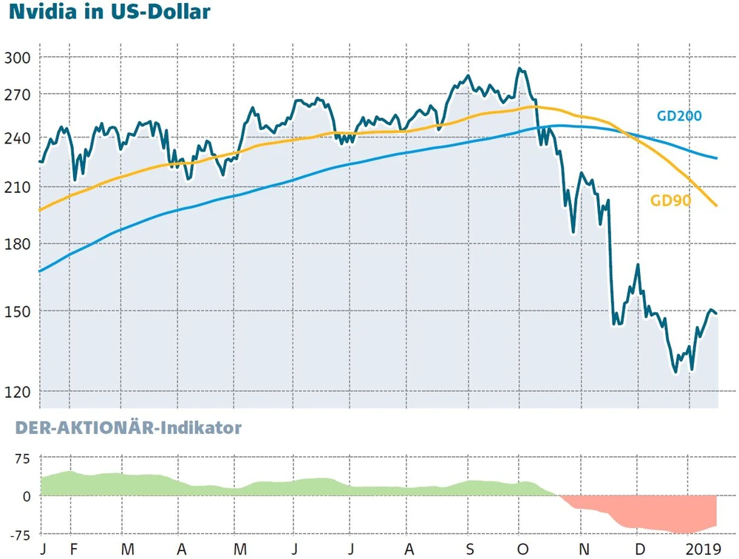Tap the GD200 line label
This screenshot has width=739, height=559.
pyautogui.click(x=679, y=115)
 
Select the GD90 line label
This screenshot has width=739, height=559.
pyautogui.click(x=670, y=200)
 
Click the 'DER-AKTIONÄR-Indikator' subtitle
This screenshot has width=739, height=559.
pyautogui.click(x=120, y=428)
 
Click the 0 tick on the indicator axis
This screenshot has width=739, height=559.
pyautogui.click(x=27, y=496)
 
